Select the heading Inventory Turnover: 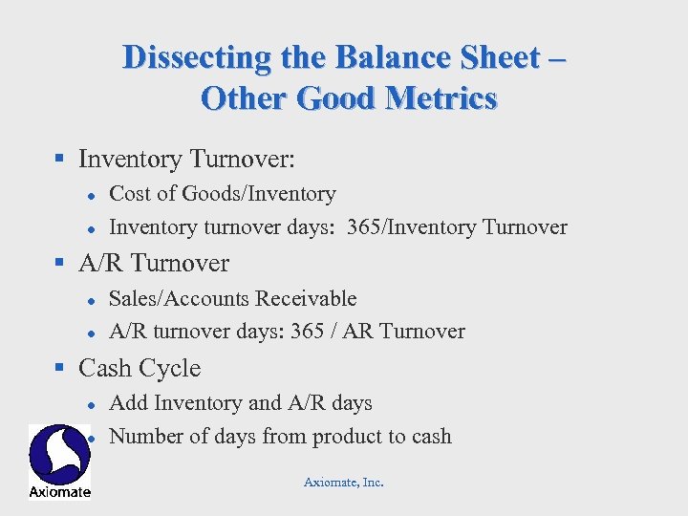pos(187,158)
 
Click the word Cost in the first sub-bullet pos(129,194)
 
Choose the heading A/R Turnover pos(154,263)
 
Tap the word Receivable pos(307,299)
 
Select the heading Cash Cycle pos(140,368)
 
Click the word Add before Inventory pos(128,403)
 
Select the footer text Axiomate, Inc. pos(344,483)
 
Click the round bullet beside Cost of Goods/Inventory pos(89,195)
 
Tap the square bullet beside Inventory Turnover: pos(59,159)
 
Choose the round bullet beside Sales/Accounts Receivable pos(89,300)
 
